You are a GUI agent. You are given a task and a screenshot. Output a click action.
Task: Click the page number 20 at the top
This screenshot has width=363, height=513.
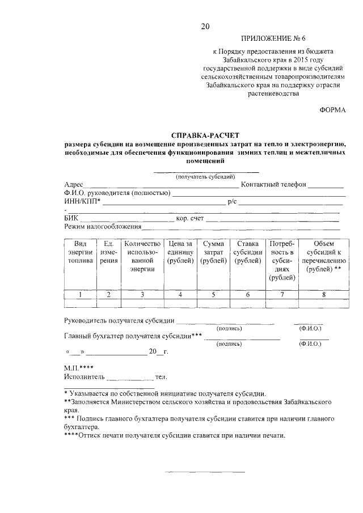coord(205,27)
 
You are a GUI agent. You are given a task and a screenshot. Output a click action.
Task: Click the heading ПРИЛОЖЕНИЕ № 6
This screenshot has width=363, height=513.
coord(273,39)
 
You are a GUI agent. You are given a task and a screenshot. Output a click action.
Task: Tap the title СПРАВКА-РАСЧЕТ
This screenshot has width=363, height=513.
coord(205,135)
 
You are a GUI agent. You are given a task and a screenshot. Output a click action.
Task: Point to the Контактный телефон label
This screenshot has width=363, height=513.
coord(273,185)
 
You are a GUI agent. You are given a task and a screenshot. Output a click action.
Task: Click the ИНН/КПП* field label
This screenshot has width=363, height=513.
coord(83,201)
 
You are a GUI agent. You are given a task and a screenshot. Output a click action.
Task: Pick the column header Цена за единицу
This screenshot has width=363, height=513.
coord(180,252)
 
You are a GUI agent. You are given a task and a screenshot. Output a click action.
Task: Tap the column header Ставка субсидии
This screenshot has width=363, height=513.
coord(248,252)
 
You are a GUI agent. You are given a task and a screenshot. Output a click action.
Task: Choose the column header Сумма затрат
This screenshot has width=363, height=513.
coord(214,252)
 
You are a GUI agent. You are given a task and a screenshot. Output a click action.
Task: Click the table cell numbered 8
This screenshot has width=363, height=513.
coord(323,294)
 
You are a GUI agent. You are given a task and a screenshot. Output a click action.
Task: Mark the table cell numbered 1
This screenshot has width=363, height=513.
coord(81,294)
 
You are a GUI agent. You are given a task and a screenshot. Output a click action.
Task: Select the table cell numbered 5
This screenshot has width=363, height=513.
coord(214,294)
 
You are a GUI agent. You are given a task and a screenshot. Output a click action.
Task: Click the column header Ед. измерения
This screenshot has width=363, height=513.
coord(109,252)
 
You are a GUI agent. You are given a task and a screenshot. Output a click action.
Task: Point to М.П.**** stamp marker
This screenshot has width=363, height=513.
coord(79,367)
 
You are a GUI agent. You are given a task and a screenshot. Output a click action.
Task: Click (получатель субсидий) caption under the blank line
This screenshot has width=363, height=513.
coord(205,176)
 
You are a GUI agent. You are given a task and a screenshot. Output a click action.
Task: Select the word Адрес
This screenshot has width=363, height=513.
coord(74,185)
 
